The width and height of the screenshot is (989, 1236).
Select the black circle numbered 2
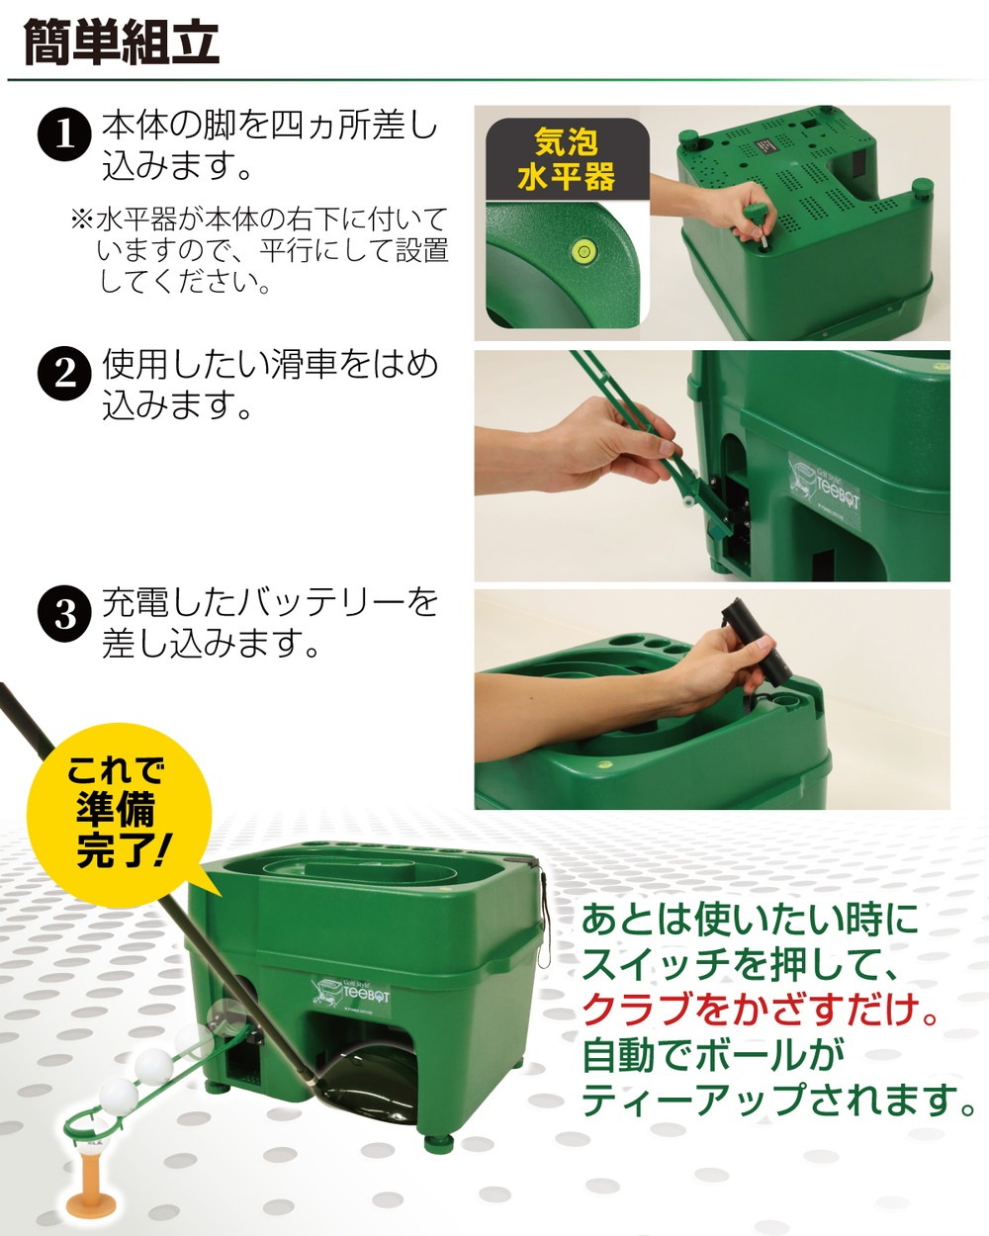64,373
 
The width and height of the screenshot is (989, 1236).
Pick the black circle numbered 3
64,613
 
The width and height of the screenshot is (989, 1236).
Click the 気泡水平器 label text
567,161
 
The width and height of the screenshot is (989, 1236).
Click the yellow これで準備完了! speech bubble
117,811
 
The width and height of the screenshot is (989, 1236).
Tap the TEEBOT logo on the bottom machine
353,989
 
